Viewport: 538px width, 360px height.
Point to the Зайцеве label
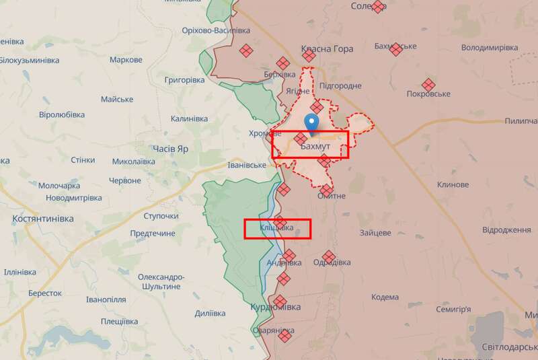point(375,233)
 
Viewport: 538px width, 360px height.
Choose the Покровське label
point(428,94)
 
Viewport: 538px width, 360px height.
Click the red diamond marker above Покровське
point(428,84)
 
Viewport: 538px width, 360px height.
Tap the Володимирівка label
point(490,48)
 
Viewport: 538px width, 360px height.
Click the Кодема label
point(385,297)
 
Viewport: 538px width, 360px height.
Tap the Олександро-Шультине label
point(161,281)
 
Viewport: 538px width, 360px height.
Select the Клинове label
point(453,184)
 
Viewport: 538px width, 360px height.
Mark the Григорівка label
point(184,80)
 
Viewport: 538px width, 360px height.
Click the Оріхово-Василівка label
point(216,30)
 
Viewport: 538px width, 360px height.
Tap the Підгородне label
point(340,86)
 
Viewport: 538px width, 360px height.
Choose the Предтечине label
point(153,233)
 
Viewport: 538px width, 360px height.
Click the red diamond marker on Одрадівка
point(328,256)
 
